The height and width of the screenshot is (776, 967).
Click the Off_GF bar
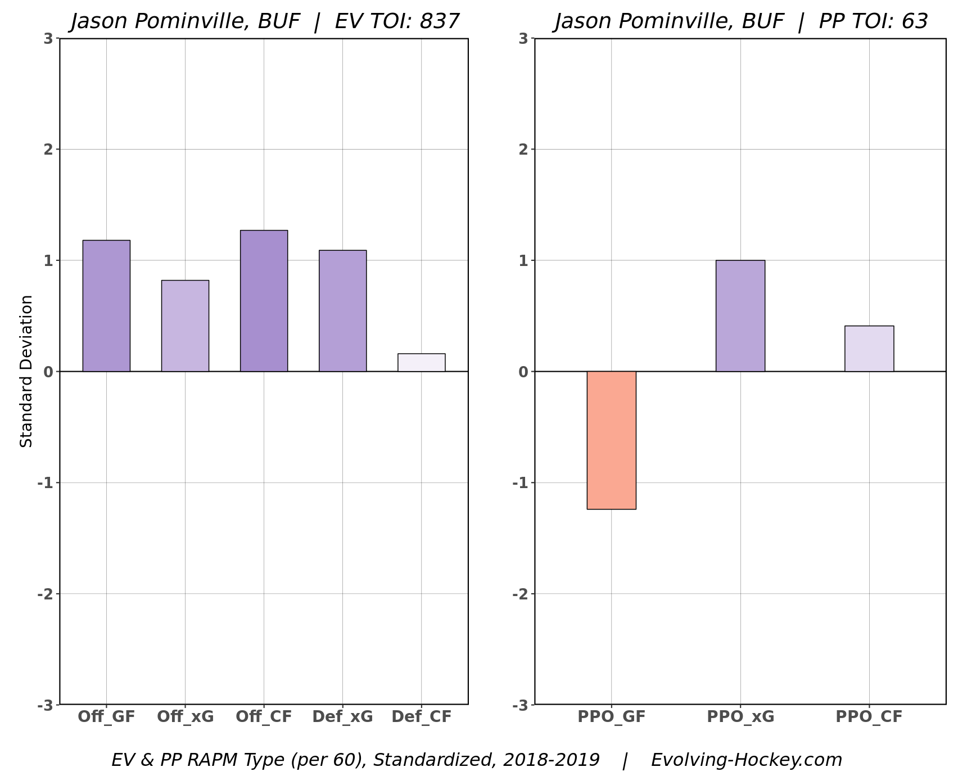(106, 306)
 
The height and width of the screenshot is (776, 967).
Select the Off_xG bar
(185, 326)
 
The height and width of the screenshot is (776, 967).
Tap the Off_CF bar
(264, 301)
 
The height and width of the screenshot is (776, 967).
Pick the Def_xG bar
(342, 310)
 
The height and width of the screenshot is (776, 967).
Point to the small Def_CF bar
(421, 363)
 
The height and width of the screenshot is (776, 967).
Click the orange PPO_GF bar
(611, 440)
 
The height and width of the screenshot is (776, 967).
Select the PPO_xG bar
(740, 315)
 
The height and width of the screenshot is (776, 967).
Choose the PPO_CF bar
(869, 349)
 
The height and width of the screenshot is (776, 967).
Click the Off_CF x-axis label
(264, 717)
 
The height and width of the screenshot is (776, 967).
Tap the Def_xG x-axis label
(342, 717)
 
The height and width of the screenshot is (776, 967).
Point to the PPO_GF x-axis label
(611, 717)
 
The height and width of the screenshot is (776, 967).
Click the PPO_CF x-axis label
(869, 717)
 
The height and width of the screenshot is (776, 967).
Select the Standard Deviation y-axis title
(26, 371)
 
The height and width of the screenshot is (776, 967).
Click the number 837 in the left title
(440, 21)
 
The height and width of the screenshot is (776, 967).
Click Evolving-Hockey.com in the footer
(746, 760)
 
